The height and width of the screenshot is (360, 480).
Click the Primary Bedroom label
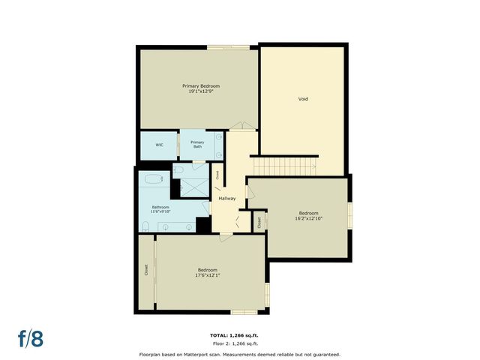[x=201, y=86]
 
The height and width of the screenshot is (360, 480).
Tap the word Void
[x=303, y=99]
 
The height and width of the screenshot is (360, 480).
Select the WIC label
[x=160, y=144]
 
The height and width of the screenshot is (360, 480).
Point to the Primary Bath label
[x=197, y=144]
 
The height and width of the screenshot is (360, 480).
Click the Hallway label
[x=227, y=199]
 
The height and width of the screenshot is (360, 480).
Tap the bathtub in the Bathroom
[x=154, y=180]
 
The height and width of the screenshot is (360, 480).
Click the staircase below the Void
[x=285, y=165]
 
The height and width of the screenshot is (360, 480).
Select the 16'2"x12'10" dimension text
[x=309, y=219]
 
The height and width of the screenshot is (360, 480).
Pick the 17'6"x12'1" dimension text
[x=208, y=275]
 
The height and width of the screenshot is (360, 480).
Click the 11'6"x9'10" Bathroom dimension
[x=161, y=211]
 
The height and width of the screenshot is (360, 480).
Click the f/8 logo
[x=31, y=337]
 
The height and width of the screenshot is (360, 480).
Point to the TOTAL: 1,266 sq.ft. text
[x=238, y=335]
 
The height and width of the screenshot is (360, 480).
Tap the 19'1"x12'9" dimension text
[x=201, y=92]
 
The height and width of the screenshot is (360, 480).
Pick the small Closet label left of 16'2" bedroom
[x=259, y=222]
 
